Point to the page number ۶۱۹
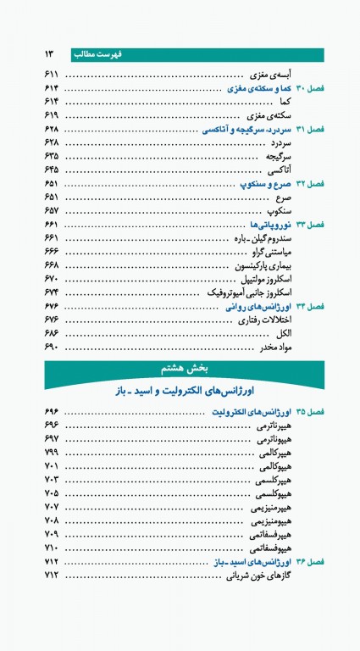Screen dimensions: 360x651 pyautogui.click(x=51, y=114)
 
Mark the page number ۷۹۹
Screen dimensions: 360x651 pyautogui.click(x=51, y=452)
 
